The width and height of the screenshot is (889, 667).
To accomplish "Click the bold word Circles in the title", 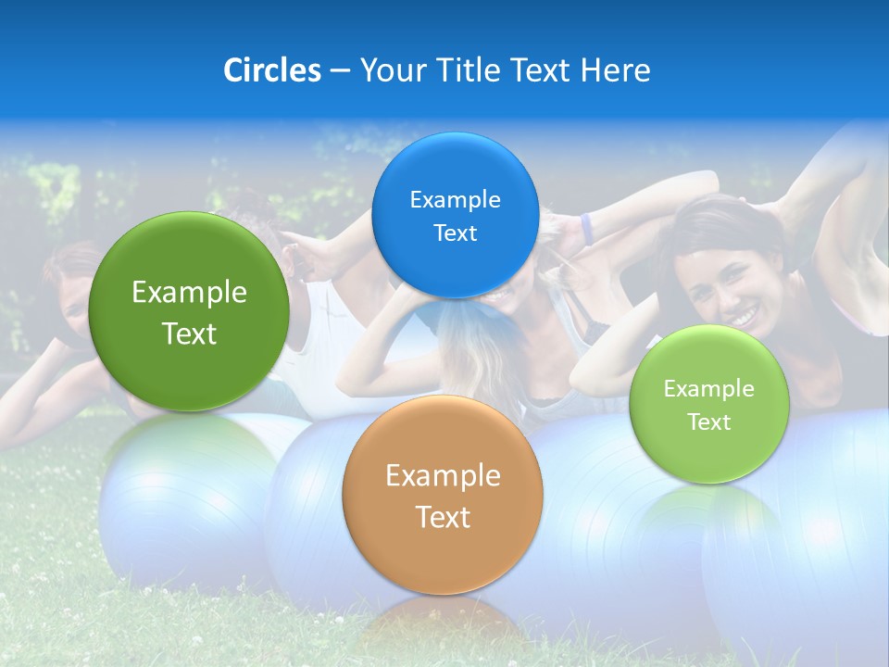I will click(x=271, y=69).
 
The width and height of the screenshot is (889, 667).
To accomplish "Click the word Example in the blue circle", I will click(x=455, y=199).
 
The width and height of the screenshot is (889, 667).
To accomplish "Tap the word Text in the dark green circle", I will click(x=189, y=333).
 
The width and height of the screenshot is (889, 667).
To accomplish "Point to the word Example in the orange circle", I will click(x=443, y=475).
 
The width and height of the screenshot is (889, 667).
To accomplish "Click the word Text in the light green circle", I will click(x=708, y=422).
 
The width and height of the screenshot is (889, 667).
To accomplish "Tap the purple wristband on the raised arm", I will click(x=586, y=229).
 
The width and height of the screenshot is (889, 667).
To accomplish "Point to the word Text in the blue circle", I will click(x=455, y=233).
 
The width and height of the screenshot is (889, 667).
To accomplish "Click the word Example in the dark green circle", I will click(x=189, y=293).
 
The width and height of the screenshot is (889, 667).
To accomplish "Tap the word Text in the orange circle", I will click(x=443, y=516).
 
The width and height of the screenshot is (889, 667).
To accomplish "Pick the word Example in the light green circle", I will click(x=708, y=388).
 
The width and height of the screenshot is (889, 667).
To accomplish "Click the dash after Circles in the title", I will click(x=340, y=70).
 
